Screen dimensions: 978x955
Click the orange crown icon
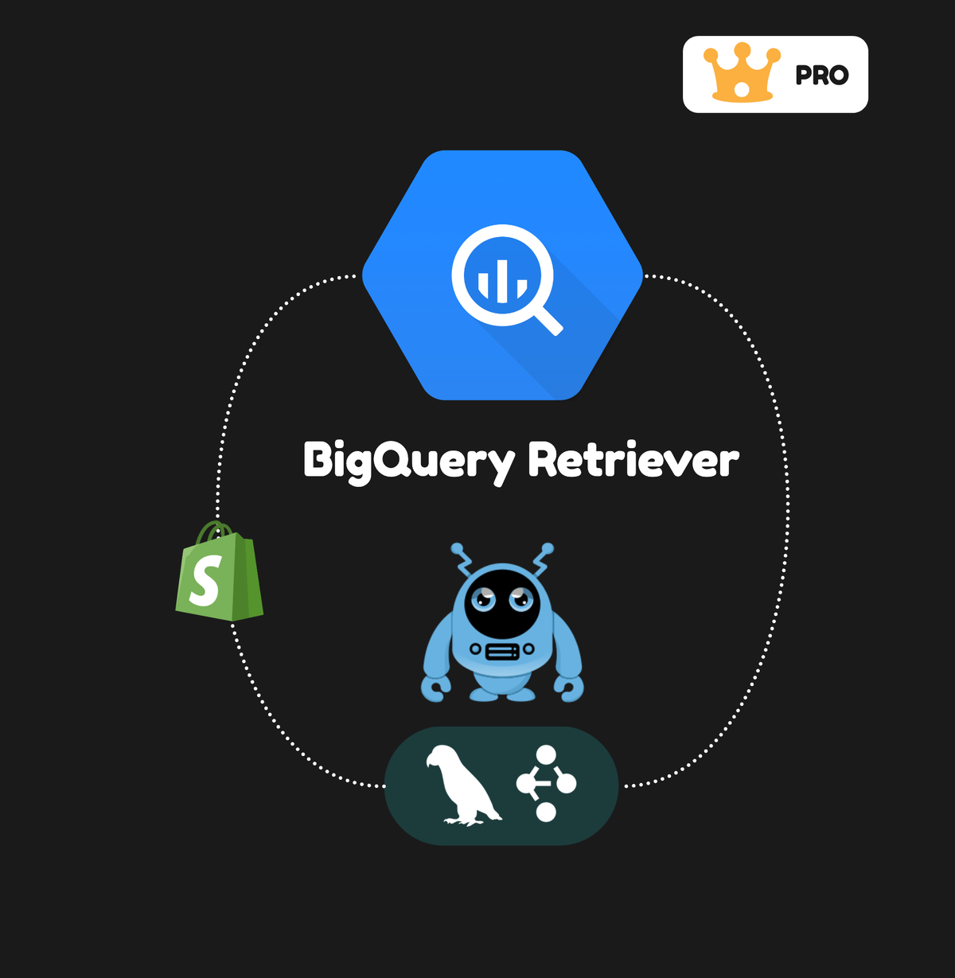pyautogui.click(x=741, y=74)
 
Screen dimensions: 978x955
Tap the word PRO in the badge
pyautogui.click(x=821, y=76)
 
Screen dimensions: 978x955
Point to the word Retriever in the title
pyautogui.click(x=633, y=460)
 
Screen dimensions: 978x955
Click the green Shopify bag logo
pyautogui.click(x=219, y=573)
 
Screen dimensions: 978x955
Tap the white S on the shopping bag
pyautogui.click(x=205, y=581)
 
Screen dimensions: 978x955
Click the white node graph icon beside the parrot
pyautogui.click(x=546, y=784)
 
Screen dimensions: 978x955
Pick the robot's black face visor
pyautogui.click(x=502, y=603)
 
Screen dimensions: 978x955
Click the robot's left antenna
pyautogui.click(x=462, y=558)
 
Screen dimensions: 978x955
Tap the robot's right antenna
pyautogui.click(x=544, y=558)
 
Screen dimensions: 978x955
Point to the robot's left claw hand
pyautogui.click(x=435, y=689)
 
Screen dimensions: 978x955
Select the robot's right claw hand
pyautogui.click(x=570, y=689)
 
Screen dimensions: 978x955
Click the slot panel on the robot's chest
pyautogui.click(x=502, y=652)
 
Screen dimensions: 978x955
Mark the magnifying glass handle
pyautogui.click(x=548, y=320)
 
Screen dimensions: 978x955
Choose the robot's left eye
pyautogui.click(x=482, y=598)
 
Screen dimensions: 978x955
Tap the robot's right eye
pyautogui.click(x=522, y=598)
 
